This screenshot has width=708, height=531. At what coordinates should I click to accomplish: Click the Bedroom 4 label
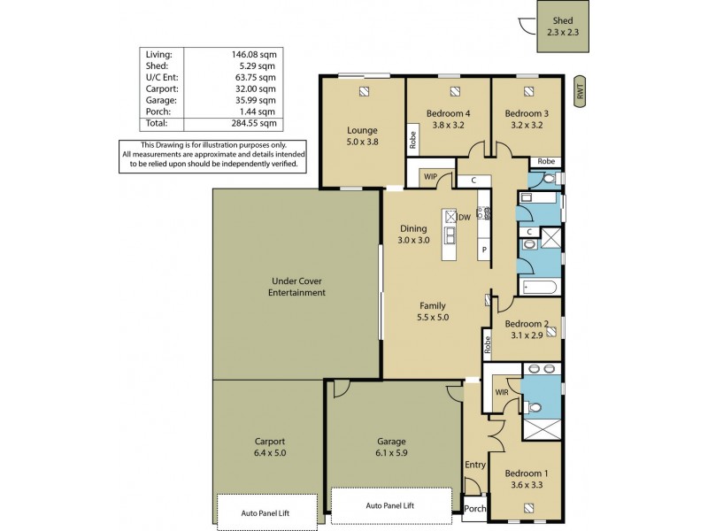448,113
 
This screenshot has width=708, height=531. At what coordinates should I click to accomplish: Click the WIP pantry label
431,177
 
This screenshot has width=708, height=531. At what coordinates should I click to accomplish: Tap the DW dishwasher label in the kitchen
463,217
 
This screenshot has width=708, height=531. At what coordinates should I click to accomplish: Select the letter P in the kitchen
484,250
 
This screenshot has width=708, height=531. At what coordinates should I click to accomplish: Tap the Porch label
474,509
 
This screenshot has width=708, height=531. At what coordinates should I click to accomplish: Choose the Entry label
474,464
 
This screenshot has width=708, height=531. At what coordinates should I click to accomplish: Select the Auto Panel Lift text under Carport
265,512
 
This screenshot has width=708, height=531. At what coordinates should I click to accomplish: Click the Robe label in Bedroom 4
412,140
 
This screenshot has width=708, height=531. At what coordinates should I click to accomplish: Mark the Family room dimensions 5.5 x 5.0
434,316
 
